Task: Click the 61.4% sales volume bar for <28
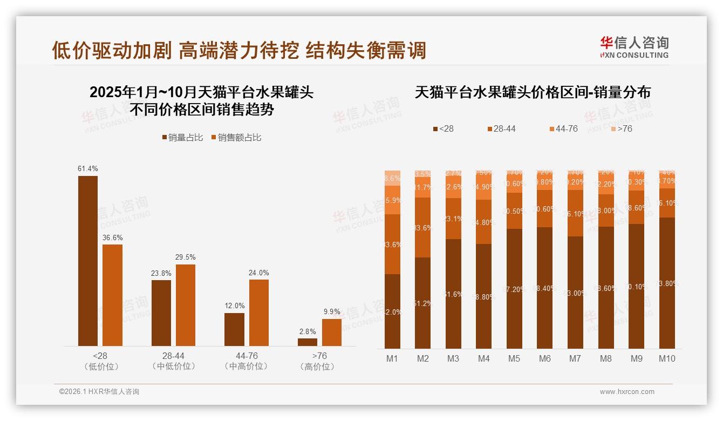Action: [x=88, y=261]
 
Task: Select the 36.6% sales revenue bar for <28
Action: [x=113, y=295]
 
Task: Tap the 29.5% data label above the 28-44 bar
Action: [x=186, y=257]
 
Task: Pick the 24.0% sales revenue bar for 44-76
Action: [x=259, y=313]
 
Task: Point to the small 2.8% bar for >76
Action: [x=308, y=342]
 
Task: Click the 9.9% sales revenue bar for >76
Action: [x=332, y=332]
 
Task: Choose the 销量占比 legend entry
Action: [x=182, y=138]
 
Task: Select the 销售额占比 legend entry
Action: [x=236, y=138]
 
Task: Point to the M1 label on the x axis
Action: [x=392, y=358]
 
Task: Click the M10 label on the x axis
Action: [x=667, y=358]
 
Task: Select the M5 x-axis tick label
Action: [x=514, y=358]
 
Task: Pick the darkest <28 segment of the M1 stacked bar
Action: [x=392, y=311]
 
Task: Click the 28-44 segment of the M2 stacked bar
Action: [x=423, y=227]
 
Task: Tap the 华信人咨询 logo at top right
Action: [x=634, y=47]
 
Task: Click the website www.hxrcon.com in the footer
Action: [x=627, y=392]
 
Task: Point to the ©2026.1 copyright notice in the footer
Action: [x=99, y=392]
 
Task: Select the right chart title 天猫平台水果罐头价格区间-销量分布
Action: [x=533, y=92]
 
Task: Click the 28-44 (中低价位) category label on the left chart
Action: [x=174, y=361]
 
